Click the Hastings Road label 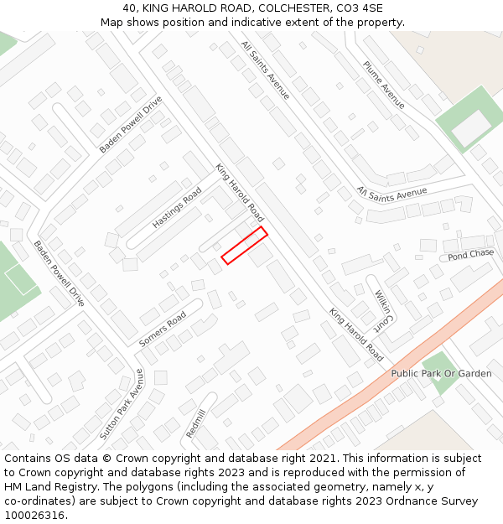pos(177,208)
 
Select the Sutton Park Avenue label pos(122,405)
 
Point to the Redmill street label pos(195,423)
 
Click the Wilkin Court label pos(382,309)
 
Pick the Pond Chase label pos(470,254)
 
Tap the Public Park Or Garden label pos(441,373)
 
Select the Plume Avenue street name pos(384,85)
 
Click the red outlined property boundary pos(244,245)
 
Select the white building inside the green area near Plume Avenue pos(470,127)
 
